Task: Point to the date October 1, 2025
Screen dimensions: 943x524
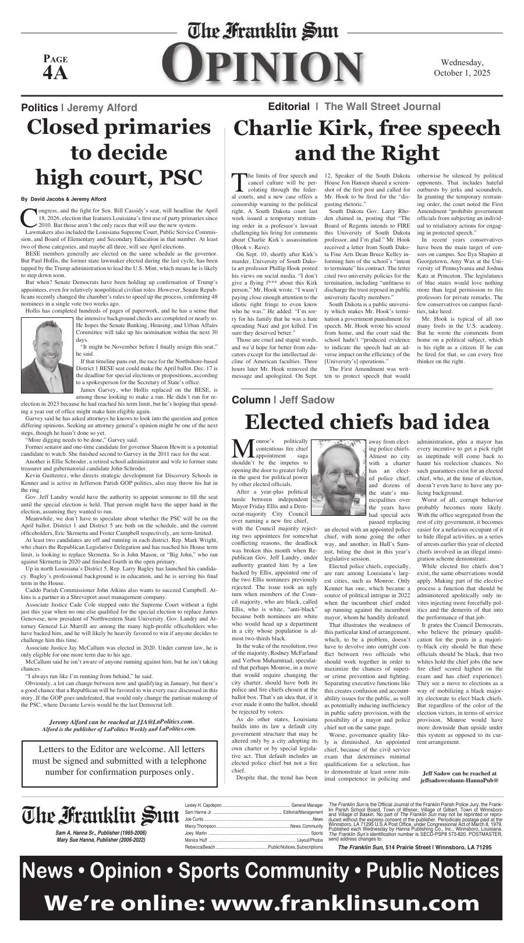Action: pos(462,73)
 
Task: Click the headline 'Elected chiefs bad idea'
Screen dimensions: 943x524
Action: pos(367,421)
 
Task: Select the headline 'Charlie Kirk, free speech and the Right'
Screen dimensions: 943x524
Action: pos(367,140)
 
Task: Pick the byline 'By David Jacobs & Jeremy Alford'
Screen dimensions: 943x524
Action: pos(63,199)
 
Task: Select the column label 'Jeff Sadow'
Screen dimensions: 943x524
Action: pos(307,400)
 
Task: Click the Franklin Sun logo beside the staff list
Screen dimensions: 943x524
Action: pos(100,815)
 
